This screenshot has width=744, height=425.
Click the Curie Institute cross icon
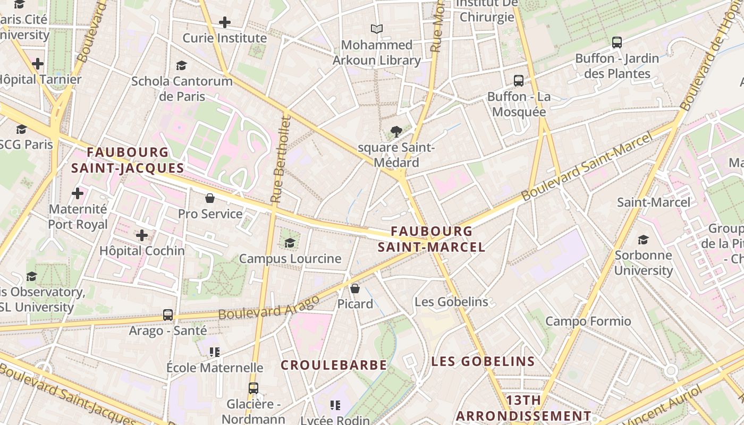coord(225,22)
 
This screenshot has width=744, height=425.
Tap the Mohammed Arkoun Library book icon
coord(377,29)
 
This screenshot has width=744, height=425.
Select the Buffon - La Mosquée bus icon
coord(519,81)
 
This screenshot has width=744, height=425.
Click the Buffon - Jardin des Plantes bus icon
coord(616,42)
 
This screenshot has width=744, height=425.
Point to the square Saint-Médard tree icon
coord(396,132)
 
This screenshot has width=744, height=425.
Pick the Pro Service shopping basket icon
coord(210,198)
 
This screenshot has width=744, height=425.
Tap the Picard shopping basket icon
coord(355,288)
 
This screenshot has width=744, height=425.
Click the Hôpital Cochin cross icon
coord(142,235)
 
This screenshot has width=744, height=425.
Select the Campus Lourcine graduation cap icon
coord(290,243)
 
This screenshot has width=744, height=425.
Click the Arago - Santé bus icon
coord(168,314)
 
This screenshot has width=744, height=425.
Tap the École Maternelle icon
coord(215,352)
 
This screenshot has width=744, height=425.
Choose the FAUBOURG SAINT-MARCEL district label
coord(432,239)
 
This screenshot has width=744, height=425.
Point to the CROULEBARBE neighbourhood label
coord(334,365)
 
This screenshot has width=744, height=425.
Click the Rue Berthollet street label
coord(281,159)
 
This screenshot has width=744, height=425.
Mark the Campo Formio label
coord(588,321)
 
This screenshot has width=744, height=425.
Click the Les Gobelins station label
coord(451,302)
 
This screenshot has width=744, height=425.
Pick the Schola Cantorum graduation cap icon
coord(181,65)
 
